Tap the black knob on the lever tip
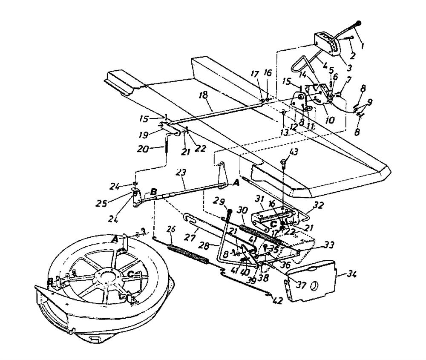359,23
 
